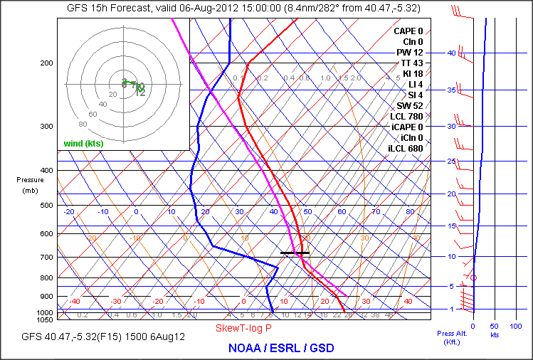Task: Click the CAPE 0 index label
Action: tap(408, 31)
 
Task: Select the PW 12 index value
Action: tap(411, 52)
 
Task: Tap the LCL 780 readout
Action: tap(406, 116)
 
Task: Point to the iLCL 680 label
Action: tap(406, 148)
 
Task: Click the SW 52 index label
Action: tap(409, 105)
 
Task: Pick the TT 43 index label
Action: tap(411, 63)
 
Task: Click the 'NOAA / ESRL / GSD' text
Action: tap(280, 348)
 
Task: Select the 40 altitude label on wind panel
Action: tap(451, 53)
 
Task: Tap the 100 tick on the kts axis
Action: tap(517, 326)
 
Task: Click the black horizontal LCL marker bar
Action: tap(295, 253)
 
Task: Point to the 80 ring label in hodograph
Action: tap(62, 124)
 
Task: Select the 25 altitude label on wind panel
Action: tap(451, 162)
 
